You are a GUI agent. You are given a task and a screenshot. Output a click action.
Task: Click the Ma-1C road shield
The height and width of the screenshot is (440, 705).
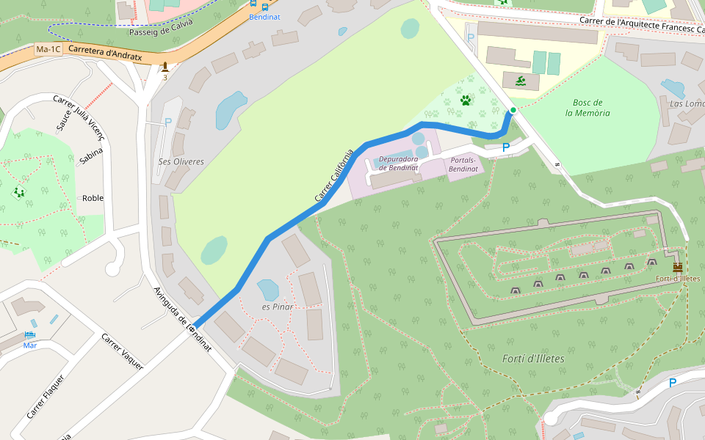(48, 49)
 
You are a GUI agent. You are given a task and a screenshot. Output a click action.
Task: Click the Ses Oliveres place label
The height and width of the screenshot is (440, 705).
(181, 161)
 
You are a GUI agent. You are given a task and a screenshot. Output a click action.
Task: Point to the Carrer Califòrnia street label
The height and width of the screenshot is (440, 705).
(334, 176)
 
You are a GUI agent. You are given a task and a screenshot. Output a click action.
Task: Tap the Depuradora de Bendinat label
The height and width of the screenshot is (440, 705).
(398, 163)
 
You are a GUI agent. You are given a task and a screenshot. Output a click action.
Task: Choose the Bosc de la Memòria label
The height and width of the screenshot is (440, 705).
(587, 108)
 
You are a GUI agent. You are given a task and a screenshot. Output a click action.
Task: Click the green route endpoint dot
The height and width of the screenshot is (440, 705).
(513, 110)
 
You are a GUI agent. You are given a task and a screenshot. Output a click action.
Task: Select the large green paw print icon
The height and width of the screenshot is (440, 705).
(466, 100)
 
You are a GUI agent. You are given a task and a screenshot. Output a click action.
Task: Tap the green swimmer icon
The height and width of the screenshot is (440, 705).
(521, 81)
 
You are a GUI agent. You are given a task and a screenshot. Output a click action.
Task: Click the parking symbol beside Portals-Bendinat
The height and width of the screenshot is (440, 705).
(505, 148)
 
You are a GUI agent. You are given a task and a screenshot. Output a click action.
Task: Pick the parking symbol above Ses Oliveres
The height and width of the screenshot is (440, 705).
(168, 122)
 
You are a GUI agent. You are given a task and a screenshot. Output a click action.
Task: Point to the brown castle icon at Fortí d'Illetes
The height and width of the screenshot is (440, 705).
(677, 267)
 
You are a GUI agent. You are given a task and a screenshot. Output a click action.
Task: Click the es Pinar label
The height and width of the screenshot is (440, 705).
(277, 307)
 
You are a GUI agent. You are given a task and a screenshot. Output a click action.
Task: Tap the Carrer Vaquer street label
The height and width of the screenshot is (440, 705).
(122, 351)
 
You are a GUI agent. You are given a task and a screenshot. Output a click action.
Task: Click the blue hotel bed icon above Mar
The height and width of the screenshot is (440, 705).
(29, 334)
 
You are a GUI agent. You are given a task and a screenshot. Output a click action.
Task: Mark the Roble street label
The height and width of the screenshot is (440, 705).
(93, 198)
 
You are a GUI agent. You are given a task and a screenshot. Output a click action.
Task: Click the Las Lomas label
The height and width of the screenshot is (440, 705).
(687, 103)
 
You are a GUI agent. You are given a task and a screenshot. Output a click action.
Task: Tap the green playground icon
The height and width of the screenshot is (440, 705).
(18, 192)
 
